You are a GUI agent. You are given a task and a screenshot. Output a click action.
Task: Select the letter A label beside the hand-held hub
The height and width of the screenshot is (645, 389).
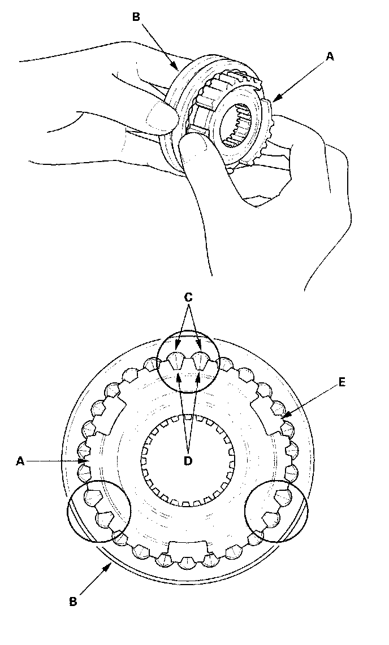coord(331,56)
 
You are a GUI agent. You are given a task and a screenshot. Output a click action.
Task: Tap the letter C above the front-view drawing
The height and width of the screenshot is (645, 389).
coord(188,296)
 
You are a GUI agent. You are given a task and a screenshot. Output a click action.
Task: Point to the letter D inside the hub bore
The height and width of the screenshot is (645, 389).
coord(188,460)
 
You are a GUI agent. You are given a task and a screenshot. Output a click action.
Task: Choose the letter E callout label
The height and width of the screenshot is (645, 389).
coord(342,382)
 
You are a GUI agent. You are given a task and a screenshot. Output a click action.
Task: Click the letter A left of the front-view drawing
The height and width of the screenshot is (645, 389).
coord(20,461)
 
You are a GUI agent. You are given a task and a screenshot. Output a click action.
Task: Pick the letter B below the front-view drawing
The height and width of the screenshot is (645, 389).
coord(73,602)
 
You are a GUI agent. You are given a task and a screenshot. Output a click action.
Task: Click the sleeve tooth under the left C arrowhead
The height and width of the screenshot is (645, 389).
coord(176,360)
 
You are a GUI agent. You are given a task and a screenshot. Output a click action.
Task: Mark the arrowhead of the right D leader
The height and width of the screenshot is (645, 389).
coord(198,375)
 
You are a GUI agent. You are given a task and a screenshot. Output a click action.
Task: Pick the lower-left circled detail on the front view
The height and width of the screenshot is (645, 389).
coord(99,511)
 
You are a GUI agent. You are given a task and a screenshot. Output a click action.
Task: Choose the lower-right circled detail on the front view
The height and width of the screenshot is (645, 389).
coord(276,511)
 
